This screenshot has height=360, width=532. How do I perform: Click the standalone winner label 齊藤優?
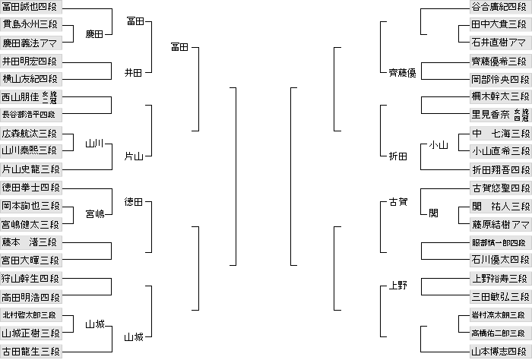click(x=402, y=73)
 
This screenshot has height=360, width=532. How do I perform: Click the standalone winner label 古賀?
click(x=398, y=203)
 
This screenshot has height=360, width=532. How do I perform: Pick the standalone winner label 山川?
click(x=95, y=144)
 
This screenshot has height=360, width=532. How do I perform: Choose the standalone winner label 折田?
click(x=398, y=156)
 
